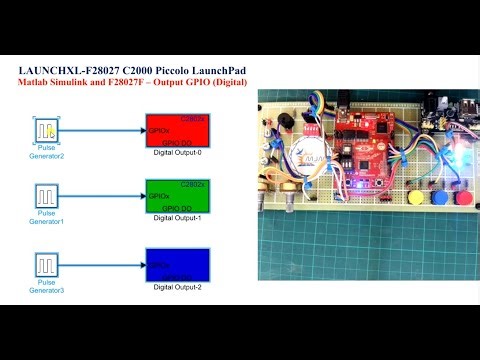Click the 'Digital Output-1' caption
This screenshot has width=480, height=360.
click(x=177, y=218)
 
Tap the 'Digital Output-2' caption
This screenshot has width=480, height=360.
click(x=177, y=286)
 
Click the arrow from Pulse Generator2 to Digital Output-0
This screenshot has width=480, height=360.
click(x=105, y=131)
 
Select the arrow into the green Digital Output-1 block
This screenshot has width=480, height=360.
click(x=105, y=196)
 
